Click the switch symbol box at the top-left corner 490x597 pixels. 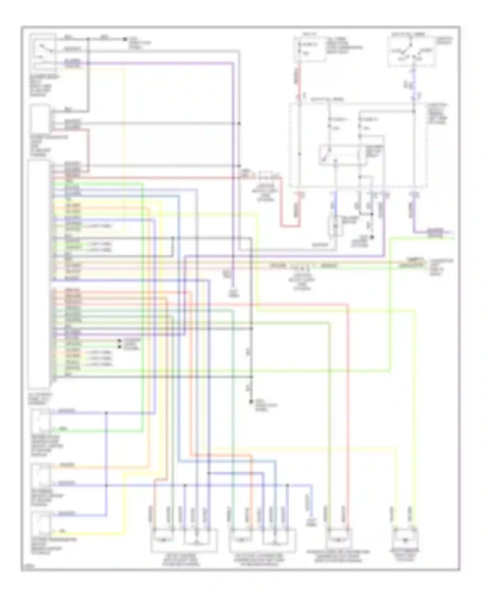pos(42,52)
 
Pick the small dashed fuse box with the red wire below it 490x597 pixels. pos(309,49)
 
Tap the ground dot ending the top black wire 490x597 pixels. pos(125,39)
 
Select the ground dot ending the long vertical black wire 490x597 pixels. pos(251,401)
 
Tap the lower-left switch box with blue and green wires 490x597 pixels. pos(41,421)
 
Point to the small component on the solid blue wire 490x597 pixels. pos(335,225)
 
